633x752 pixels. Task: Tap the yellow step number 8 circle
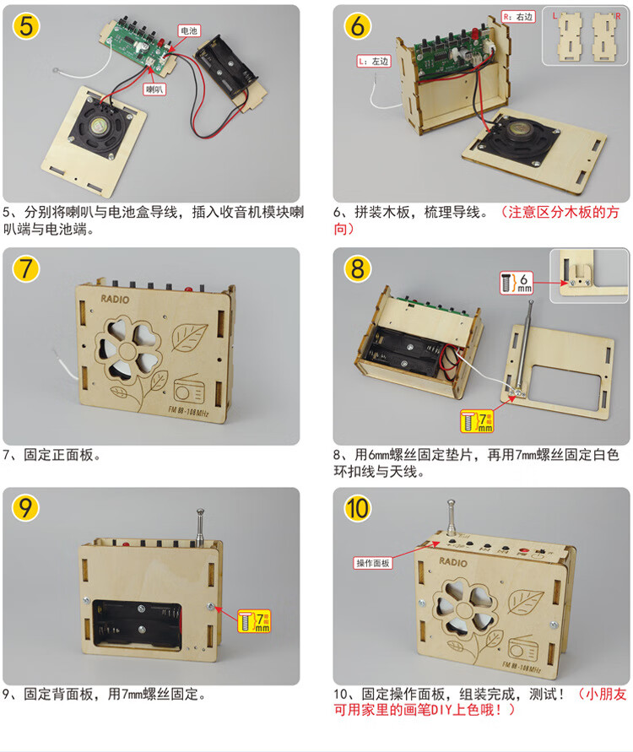click(x=358, y=268)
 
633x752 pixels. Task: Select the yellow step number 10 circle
click(x=358, y=509)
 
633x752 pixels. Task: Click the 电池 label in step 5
click(x=188, y=30)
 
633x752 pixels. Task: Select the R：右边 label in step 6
click(x=517, y=17)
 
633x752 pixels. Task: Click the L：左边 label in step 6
click(x=371, y=62)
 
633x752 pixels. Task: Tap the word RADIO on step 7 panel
click(x=116, y=299)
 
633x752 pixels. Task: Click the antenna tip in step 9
click(x=200, y=511)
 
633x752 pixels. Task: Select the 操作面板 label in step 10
click(x=372, y=563)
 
